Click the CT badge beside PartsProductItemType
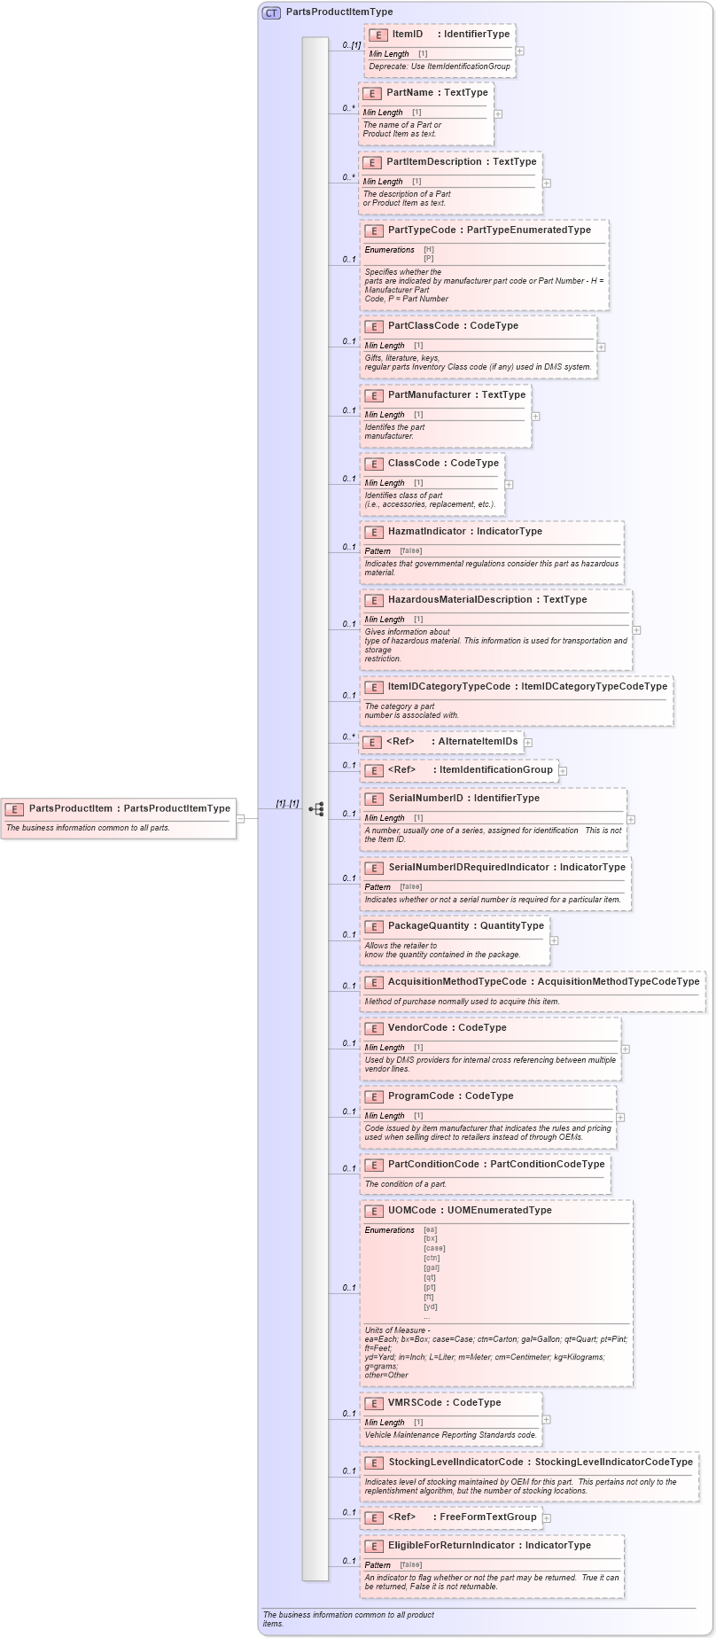[x=271, y=12]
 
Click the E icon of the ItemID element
[x=378, y=35]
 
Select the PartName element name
[x=409, y=93]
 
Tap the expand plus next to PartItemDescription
[x=547, y=183]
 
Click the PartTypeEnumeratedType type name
[x=529, y=230]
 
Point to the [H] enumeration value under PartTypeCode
[x=429, y=250]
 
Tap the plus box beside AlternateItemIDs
[x=528, y=743]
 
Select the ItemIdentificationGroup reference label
[x=495, y=770]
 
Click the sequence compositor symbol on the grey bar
[x=315, y=809]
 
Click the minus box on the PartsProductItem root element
[x=240, y=818]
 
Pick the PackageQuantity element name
[x=428, y=926]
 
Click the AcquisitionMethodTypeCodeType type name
[x=619, y=982]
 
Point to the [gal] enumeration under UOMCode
[x=432, y=1267]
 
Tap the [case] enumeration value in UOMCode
[x=434, y=1248]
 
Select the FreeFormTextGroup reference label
[x=487, y=1517]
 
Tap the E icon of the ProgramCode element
[x=373, y=1097]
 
